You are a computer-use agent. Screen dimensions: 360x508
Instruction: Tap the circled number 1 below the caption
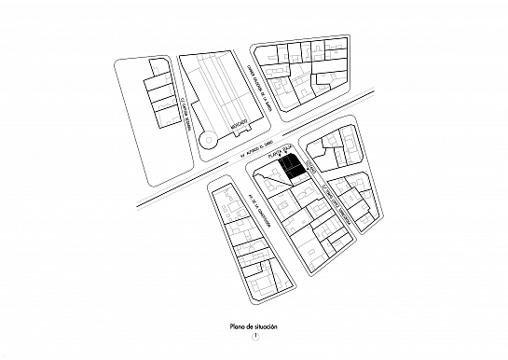pos(254,338)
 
